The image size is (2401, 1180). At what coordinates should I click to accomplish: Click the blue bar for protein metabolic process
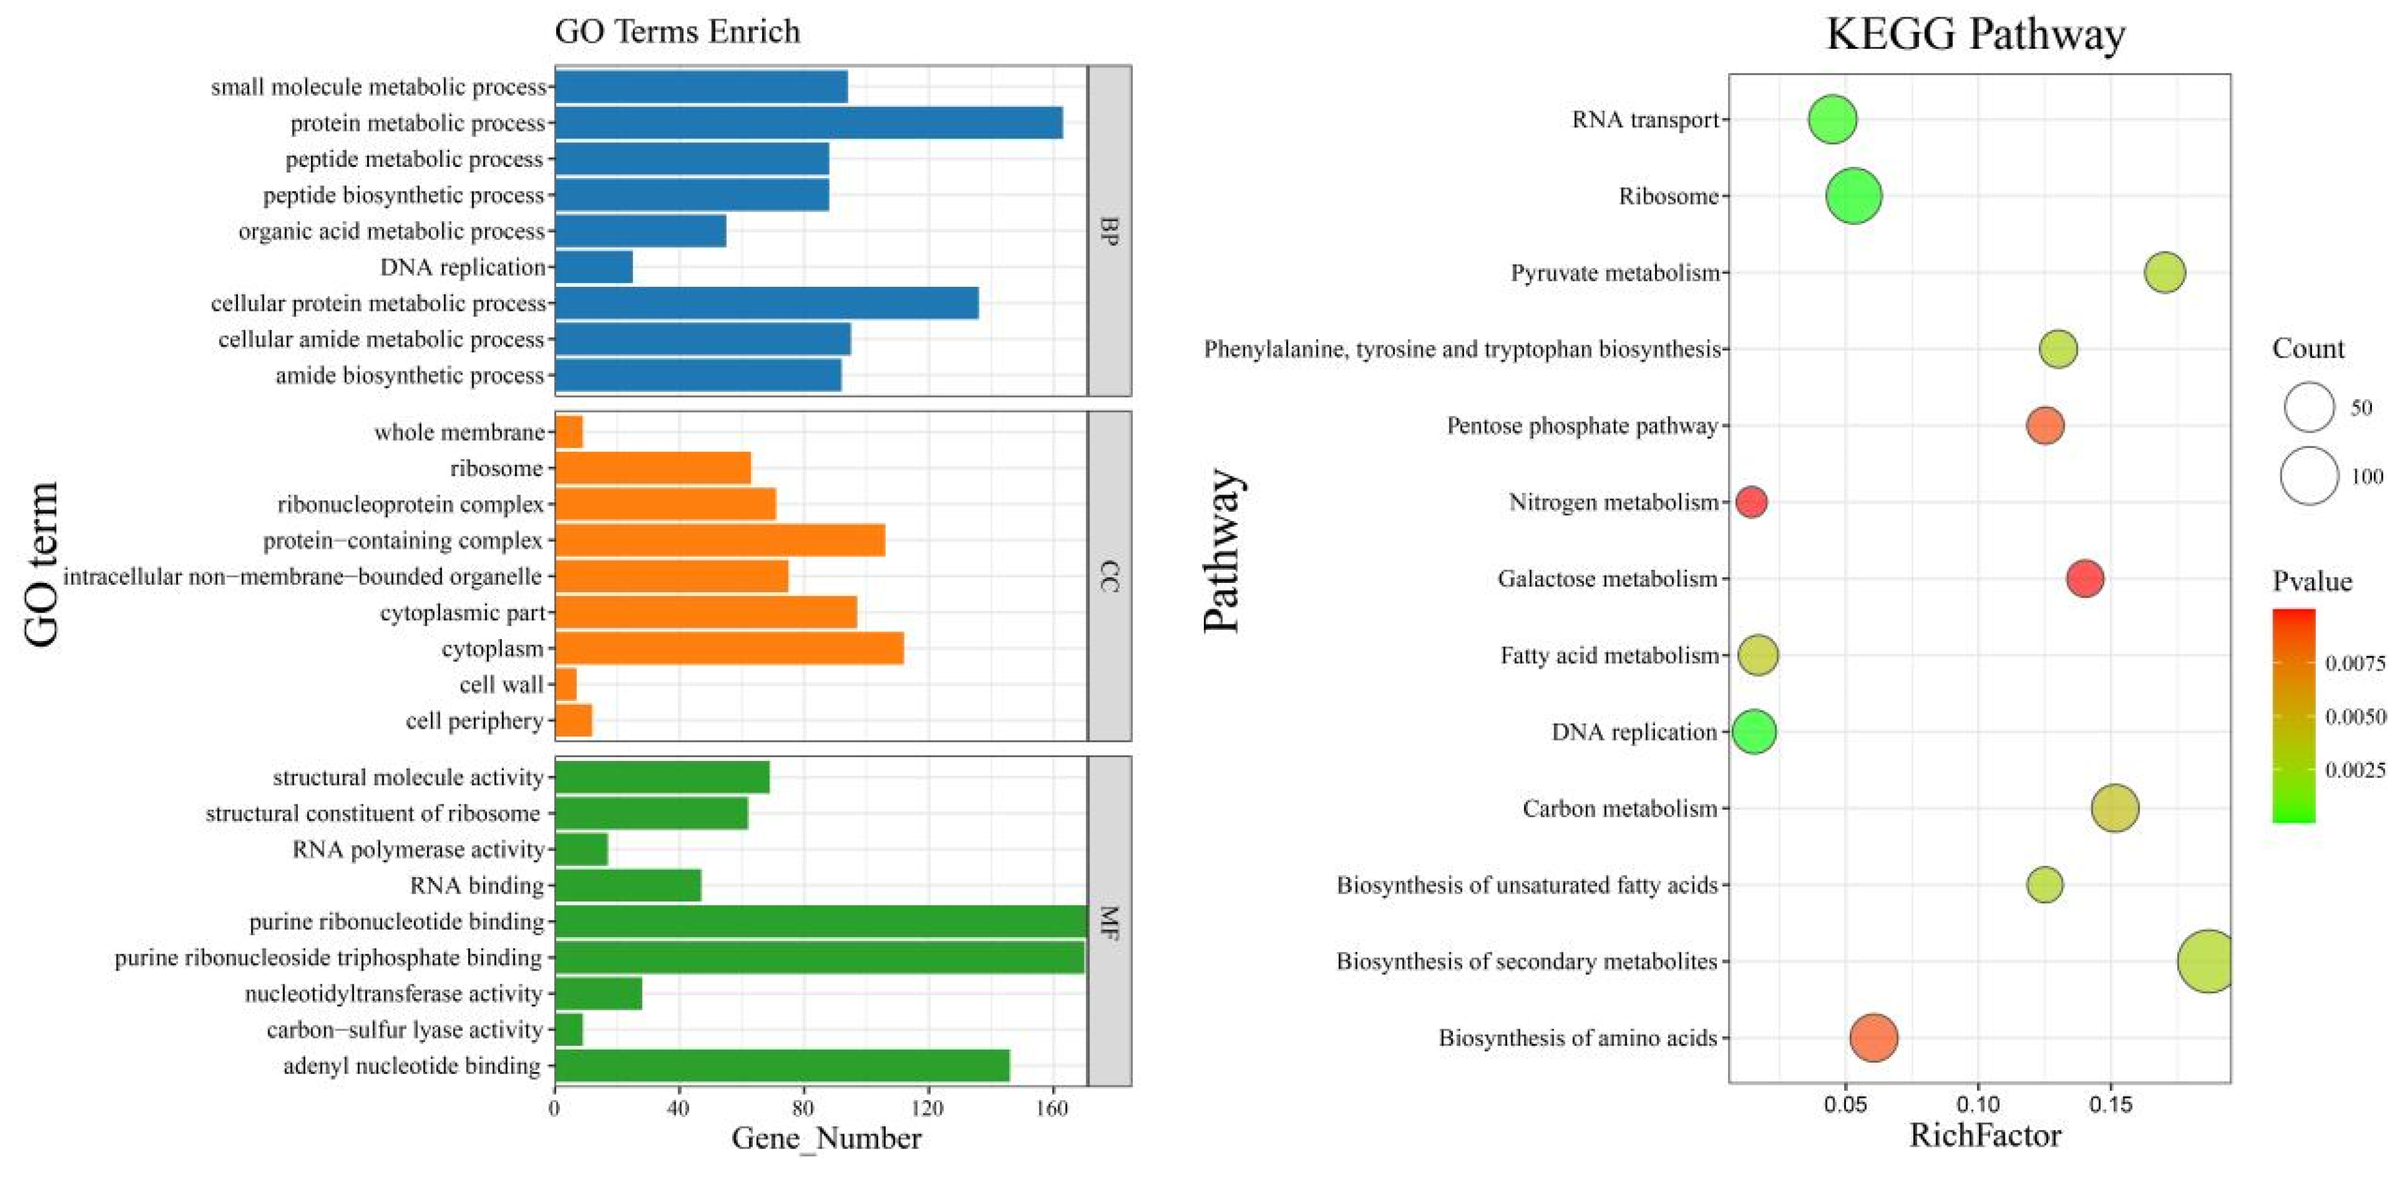tap(808, 123)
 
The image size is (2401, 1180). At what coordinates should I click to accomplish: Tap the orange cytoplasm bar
tap(729, 648)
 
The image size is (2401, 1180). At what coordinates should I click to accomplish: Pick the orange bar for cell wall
tap(565, 685)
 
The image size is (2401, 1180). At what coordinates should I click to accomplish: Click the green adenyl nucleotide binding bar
tap(782, 1066)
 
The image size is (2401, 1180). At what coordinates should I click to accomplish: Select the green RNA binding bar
tap(627, 886)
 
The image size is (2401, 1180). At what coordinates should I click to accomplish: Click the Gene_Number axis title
tap(826, 1138)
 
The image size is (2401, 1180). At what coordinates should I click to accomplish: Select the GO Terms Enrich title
tap(677, 32)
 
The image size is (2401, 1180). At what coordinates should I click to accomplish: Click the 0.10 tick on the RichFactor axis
tap(1978, 1105)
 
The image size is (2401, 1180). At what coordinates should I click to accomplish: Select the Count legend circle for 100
tap(2310, 475)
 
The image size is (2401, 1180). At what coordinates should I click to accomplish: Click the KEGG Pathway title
tap(1975, 35)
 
